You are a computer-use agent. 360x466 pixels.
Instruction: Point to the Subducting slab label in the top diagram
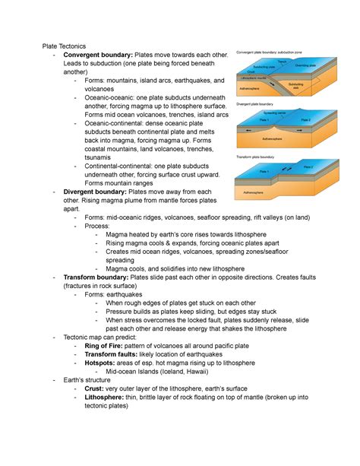click(x=295, y=85)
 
